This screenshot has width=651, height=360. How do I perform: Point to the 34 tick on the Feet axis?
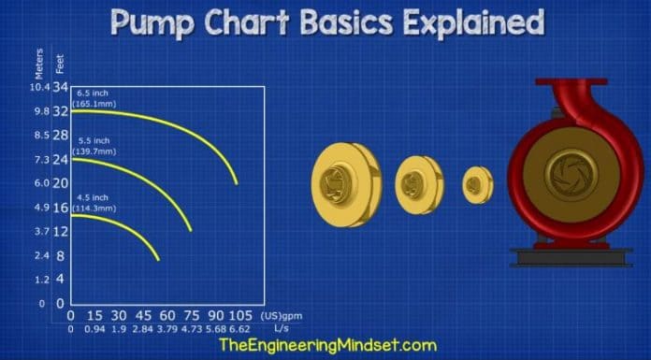(61, 89)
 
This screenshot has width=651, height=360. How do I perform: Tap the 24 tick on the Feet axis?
(61, 159)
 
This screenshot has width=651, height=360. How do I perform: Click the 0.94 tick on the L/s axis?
(95, 329)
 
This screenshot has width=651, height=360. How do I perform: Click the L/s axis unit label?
(281, 329)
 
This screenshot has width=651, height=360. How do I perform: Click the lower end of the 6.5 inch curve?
(238, 183)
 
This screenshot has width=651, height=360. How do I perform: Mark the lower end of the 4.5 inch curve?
(159, 259)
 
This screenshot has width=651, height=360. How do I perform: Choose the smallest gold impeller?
(477, 183)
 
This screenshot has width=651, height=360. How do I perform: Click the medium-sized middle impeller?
(419, 182)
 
